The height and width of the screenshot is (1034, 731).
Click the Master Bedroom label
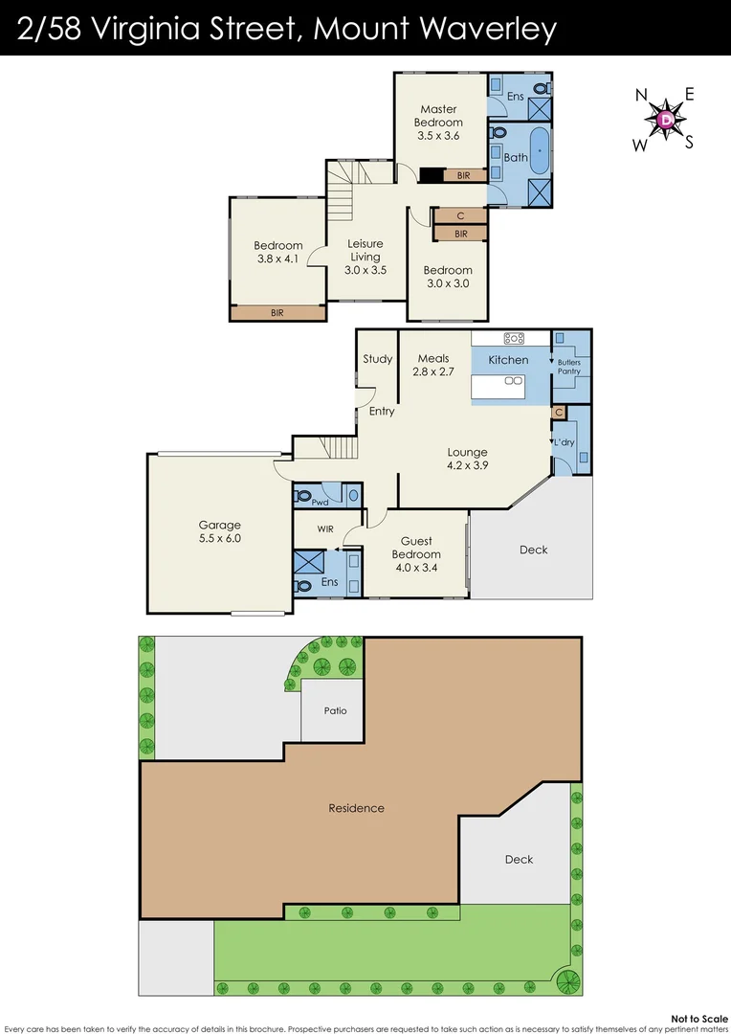pyautogui.click(x=438, y=116)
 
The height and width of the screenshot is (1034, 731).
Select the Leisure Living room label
pyautogui.click(x=365, y=250)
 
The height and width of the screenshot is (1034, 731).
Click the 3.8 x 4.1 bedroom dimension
pyautogui.click(x=278, y=258)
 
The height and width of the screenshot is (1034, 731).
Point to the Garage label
pyautogui.click(x=219, y=525)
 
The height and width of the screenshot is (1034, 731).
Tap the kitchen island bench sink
pyautogui.click(x=513, y=380)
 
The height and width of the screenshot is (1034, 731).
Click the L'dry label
pyautogui.click(x=562, y=442)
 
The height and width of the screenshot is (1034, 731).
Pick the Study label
pyautogui.click(x=378, y=359)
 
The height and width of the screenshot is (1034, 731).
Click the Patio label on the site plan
pyautogui.click(x=334, y=710)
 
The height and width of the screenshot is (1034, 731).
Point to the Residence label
pyautogui.click(x=356, y=808)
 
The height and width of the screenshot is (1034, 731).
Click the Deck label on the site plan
pyautogui.click(x=520, y=859)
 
